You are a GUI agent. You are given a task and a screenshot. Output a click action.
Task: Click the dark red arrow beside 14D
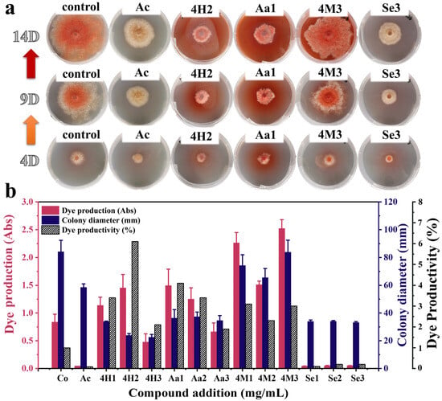(31, 63)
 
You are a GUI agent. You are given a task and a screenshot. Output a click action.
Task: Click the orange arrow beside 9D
(31, 130)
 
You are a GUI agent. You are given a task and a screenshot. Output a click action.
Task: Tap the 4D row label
(30, 161)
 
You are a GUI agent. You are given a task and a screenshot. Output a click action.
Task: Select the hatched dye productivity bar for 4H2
(135, 305)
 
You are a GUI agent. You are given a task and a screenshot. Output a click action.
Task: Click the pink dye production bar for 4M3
(282, 298)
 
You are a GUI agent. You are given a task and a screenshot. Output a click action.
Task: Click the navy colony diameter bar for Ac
(84, 328)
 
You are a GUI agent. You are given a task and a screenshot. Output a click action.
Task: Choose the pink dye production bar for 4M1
(236, 305)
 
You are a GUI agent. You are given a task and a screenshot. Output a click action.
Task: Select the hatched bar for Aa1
(180, 325)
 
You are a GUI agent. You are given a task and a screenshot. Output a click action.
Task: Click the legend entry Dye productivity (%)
(88, 230)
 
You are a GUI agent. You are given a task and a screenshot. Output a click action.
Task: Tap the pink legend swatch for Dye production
(51, 211)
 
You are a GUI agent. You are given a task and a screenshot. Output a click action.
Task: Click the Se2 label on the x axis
(334, 378)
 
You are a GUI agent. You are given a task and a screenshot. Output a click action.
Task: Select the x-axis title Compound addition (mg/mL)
(208, 393)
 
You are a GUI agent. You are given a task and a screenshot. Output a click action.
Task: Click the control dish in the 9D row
(76, 98)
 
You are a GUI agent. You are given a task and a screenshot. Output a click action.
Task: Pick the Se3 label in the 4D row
(391, 135)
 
